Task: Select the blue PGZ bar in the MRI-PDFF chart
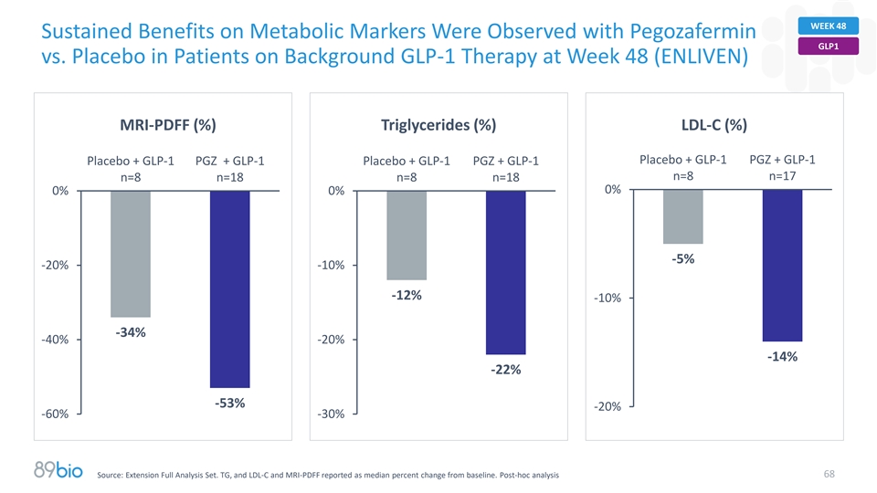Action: (229, 288)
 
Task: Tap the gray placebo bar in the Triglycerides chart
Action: (407, 235)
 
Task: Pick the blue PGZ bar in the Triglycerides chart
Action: (505, 272)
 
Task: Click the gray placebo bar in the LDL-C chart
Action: (683, 216)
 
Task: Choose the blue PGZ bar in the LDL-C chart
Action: (782, 265)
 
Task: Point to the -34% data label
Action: (131, 332)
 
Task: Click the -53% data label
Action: (229, 404)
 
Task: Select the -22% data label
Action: (505, 370)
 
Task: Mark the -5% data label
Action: (683, 259)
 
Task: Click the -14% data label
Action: (782, 357)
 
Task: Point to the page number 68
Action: (828, 474)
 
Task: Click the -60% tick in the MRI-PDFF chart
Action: (54, 414)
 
